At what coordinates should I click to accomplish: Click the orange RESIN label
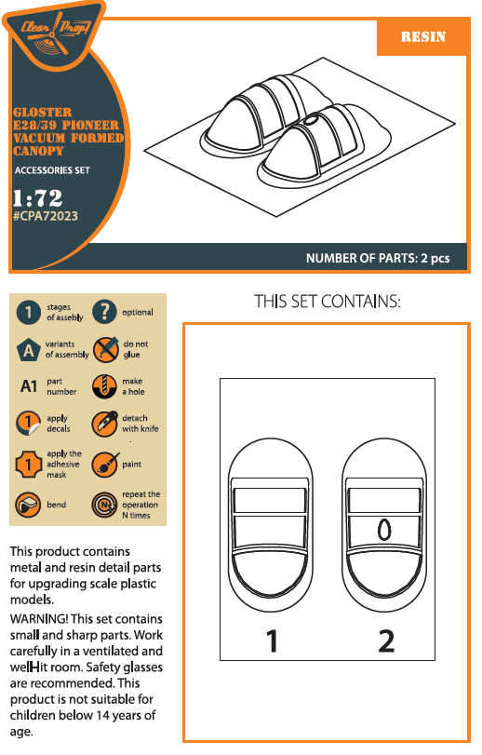point(423,37)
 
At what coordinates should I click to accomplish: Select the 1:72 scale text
point(37,198)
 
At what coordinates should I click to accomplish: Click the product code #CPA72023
point(46,216)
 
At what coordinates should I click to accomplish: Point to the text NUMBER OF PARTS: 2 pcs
point(378,258)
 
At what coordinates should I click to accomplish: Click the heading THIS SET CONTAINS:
point(328,302)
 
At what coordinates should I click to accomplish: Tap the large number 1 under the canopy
point(272,640)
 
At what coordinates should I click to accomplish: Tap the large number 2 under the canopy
point(386,640)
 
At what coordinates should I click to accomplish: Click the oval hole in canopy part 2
point(384,530)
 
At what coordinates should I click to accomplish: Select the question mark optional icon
point(104,311)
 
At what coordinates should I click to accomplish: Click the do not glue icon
point(105,349)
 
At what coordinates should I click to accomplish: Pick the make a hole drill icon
point(104,386)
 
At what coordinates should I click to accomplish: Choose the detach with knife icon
point(105,424)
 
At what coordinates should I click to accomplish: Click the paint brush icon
point(105,465)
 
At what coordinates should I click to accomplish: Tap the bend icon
point(28,505)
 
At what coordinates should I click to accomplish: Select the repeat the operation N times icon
point(104,505)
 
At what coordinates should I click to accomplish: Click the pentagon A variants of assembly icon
point(29,350)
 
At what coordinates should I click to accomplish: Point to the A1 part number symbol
point(29,386)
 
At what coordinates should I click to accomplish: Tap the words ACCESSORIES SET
point(52,170)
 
